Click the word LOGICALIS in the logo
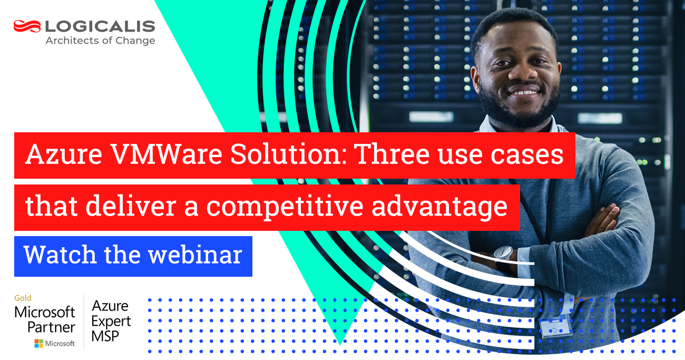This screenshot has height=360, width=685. point(100,26)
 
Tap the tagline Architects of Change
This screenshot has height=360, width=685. point(100,41)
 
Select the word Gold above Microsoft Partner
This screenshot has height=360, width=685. point(23,298)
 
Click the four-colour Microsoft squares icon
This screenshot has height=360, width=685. point(38,344)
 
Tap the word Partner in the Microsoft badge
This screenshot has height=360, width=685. point(51,327)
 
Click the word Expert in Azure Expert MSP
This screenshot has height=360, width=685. point(111,321)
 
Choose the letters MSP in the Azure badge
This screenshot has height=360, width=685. point(105,336)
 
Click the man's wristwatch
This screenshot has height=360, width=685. point(503,255)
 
